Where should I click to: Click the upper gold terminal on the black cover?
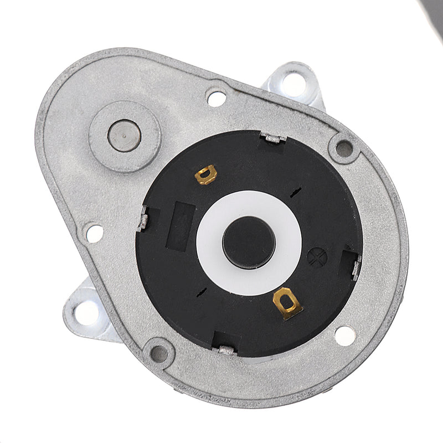[x=206, y=174]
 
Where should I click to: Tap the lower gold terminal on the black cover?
[x=287, y=302]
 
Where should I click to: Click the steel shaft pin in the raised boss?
[x=124, y=135]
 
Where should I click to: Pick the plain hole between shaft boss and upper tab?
[x=216, y=98]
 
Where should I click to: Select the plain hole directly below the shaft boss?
[x=94, y=233]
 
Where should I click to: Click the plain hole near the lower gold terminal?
[x=344, y=335]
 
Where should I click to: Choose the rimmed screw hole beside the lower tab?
[x=159, y=353]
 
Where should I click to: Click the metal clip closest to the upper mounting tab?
[x=272, y=137]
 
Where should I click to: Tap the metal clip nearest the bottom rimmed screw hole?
[x=227, y=349]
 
